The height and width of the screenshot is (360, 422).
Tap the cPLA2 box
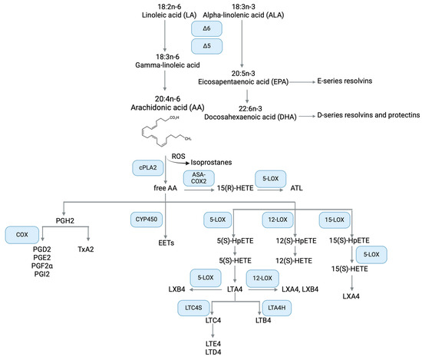pyautogui.click(x=147, y=167)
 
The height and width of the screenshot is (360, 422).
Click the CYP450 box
pyautogui.click(x=147, y=219)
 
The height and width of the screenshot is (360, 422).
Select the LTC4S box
pyautogui.click(x=195, y=307)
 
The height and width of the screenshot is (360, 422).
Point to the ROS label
pyautogui.click(x=178, y=155)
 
